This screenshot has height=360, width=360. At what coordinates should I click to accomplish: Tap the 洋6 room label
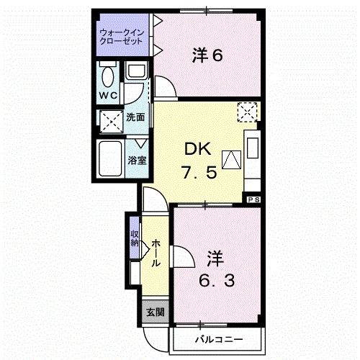pyautogui.click(x=207, y=55)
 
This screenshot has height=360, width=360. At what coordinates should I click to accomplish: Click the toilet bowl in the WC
pyautogui.click(x=108, y=75)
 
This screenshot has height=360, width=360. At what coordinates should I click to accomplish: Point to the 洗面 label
pyautogui.click(x=135, y=117)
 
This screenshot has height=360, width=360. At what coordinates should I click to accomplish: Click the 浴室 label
pyautogui.click(x=138, y=160)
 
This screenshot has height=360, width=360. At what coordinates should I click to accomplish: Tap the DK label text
pyautogui.click(x=198, y=149)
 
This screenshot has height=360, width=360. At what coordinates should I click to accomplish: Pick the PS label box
pyautogui.click(x=253, y=199)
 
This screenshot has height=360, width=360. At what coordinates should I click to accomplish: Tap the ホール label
pyautogui.click(x=156, y=255)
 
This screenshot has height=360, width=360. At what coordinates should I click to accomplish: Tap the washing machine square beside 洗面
pyautogui.click(x=110, y=120)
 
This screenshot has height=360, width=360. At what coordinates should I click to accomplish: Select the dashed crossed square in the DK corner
pyautogui.click(x=248, y=112)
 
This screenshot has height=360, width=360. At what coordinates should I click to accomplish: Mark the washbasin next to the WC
pyautogui.click(x=135, y=70)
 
